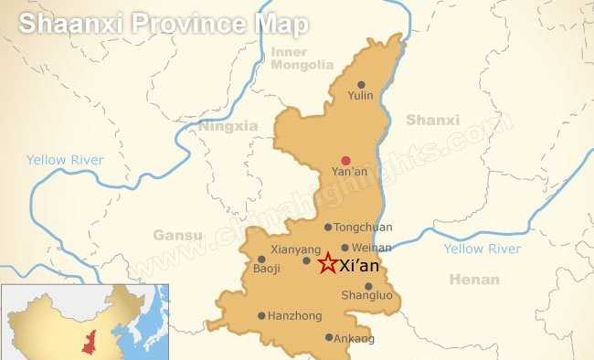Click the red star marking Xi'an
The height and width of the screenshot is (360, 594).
pos(327,264)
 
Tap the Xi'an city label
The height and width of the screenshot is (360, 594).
pos(358,267)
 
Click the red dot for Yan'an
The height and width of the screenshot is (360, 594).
pos(345,160)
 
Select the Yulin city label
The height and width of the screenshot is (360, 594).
pos(361,95)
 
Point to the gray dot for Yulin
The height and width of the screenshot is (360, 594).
pos(361,84)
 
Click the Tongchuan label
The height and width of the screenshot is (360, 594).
pos(363,228)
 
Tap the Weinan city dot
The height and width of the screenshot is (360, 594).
pos(345,247)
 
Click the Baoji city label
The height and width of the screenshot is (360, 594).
pos(268,270)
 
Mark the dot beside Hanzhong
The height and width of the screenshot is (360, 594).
pos(261,316)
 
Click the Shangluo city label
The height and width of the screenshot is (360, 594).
pos(366,295)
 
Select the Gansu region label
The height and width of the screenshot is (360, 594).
pos(177,235)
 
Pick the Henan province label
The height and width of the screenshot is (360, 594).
pos(474,280)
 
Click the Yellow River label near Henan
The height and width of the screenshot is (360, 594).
pos(482,249)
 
